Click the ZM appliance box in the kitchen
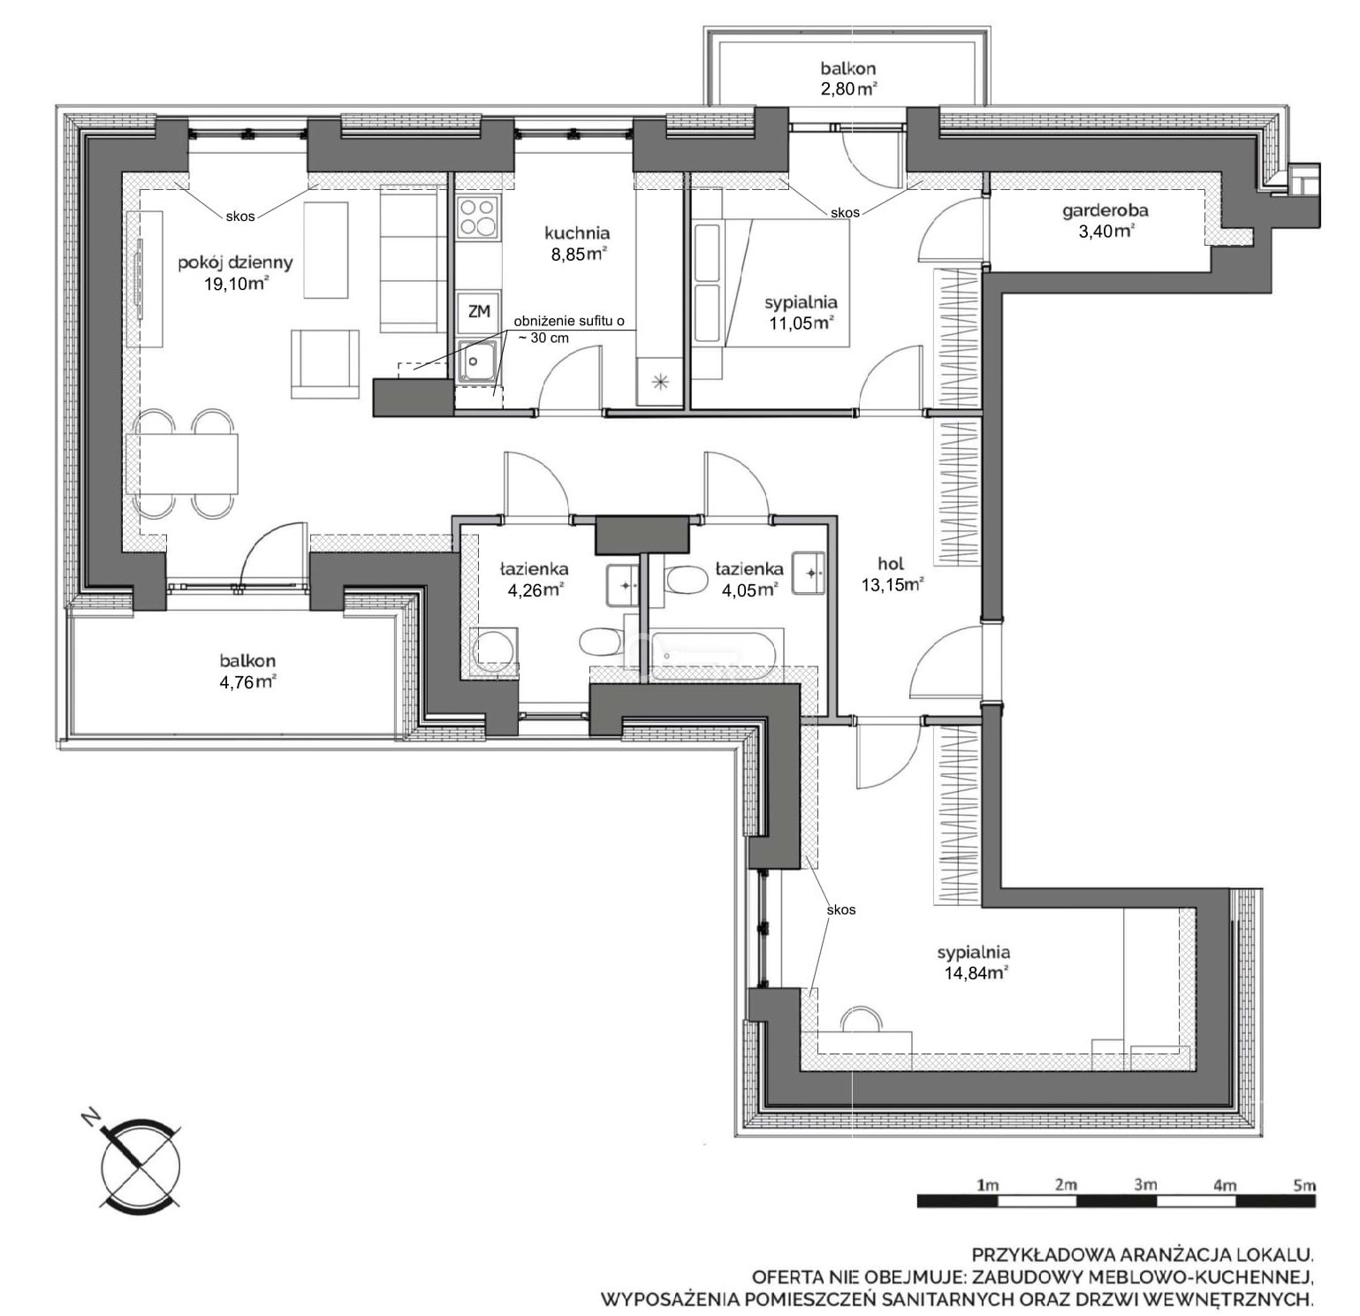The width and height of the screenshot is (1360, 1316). tap(479, 311)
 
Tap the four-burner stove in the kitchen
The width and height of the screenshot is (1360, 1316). tap(478, 217)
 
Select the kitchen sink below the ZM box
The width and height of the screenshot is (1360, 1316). tap(479, 362)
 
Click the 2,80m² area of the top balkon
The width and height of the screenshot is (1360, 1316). tap(848, 87)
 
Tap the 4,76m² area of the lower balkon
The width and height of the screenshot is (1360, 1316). tap(248, 681)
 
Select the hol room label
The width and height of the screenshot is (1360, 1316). tap(892, 563)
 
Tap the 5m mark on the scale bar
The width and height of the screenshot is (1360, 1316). tap(1303, 1185)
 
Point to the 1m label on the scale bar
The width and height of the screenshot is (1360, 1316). tap(987, 1185)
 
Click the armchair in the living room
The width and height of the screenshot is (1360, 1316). tap(325, 364)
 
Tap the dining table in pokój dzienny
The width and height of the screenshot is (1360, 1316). tap(183, 463)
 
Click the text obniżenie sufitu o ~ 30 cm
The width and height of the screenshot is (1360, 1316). tap(569, 330)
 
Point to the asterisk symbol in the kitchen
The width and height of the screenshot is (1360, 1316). tap(659, 382)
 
